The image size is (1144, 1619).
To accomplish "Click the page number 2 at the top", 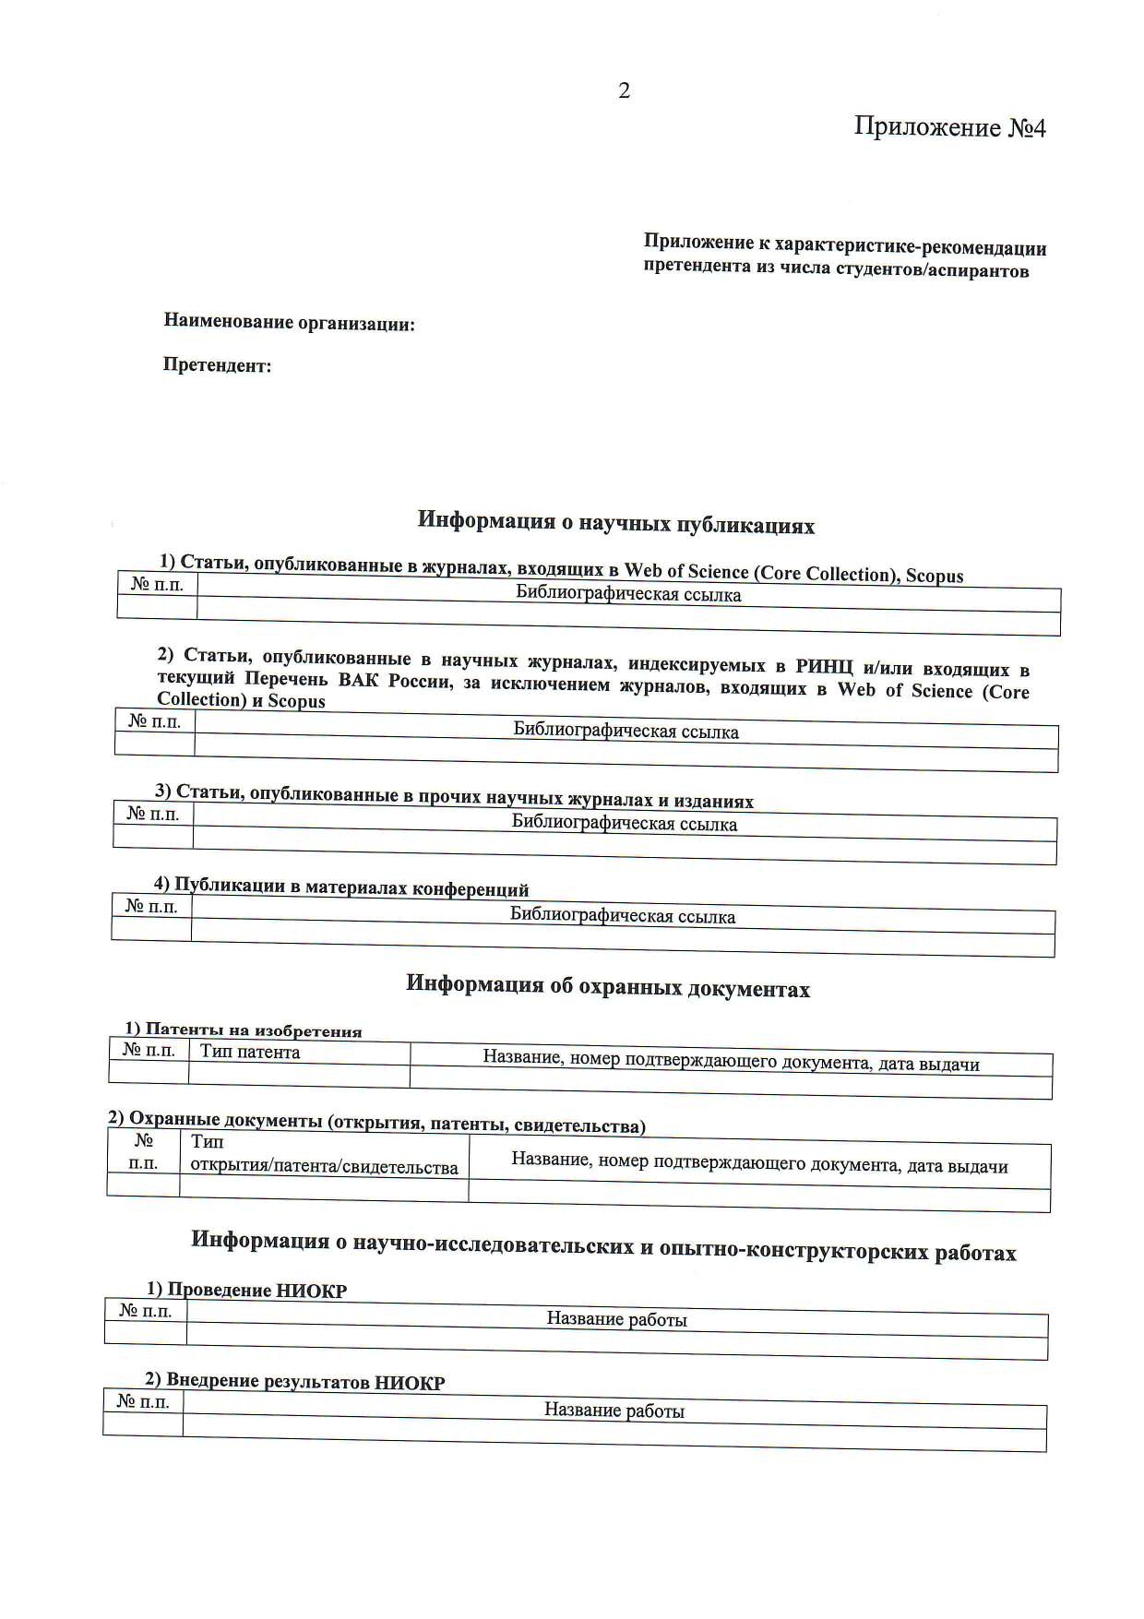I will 624,90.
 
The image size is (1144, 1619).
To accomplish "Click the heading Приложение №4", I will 949,126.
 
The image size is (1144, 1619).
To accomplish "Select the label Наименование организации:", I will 289,323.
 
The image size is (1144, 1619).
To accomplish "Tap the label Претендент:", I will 217,365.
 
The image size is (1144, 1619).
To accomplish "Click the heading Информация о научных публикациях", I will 615,522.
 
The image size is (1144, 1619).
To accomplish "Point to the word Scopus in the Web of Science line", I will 934,576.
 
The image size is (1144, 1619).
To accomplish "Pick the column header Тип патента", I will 250,1053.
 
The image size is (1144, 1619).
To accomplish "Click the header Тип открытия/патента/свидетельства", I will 324,1155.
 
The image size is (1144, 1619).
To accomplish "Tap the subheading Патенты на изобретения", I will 254,1031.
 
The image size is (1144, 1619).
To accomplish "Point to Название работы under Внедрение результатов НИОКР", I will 614,1411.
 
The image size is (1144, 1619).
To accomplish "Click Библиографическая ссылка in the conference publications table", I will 623,917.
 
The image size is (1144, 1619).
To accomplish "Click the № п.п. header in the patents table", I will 149,1050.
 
